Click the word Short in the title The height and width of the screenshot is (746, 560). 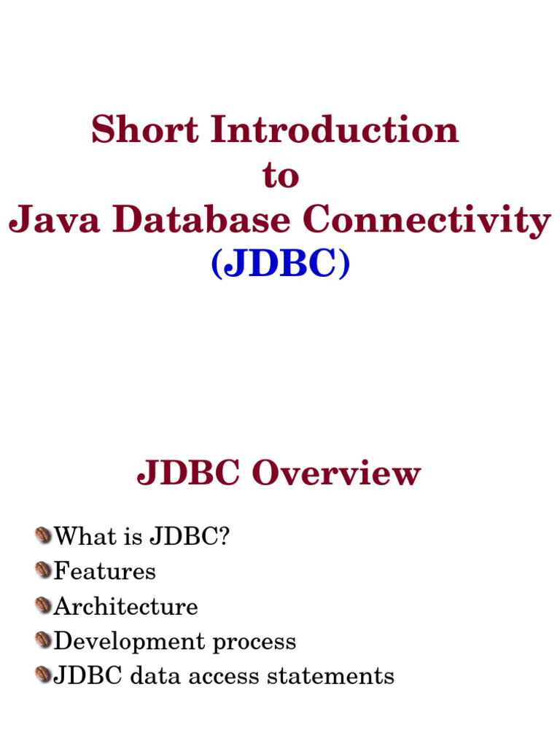tap(144, 131)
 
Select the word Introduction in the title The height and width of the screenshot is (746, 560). tap(334, 131)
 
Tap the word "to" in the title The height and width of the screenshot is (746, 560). tap(280, 177)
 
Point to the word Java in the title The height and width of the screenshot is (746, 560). tap(51, 220)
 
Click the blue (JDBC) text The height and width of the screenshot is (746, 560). tap(280, 265)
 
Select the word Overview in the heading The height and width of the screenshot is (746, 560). tap(336, 474)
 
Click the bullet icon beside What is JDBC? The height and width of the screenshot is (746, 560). tap(44, 536)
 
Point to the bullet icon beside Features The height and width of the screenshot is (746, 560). tap(44, 570)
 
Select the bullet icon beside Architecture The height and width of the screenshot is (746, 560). tap(44, 605)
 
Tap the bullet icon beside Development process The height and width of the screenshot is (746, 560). tap(44, 640)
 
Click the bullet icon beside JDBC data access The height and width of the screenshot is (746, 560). tap(44, 675)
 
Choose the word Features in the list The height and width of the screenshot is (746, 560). tap(105, 571)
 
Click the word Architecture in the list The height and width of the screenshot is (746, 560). tap(126, 606)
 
